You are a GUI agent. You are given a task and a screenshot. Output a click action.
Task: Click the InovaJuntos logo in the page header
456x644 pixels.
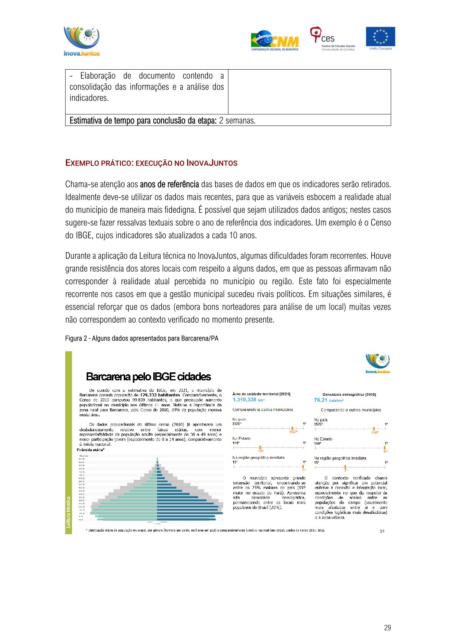click(82, 41)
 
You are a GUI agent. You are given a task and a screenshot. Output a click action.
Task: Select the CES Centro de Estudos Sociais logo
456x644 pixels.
click(332, 39)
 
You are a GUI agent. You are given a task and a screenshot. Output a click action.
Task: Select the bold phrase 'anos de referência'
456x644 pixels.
click(169, 184)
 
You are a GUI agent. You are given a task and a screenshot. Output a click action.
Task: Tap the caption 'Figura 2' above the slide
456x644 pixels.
click(141, 338)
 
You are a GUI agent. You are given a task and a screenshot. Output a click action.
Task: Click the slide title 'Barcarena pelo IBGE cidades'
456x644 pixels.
click(148, 377)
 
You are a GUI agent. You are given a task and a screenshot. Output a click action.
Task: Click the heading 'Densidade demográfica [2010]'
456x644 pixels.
click(349, 394)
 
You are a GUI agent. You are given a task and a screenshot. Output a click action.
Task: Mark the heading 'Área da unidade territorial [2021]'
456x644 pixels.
click(261, 394)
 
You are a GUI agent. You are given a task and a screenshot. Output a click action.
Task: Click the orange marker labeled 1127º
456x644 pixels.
click(292, 429)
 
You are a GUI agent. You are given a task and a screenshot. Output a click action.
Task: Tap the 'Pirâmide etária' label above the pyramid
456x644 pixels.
click(90, 450)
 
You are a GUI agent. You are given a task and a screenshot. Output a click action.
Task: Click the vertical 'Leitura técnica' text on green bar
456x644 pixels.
click(69, 512)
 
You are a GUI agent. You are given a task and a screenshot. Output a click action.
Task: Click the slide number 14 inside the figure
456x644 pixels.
click(382, 531)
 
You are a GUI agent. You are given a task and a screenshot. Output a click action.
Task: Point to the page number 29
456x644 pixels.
click(387, 628)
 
